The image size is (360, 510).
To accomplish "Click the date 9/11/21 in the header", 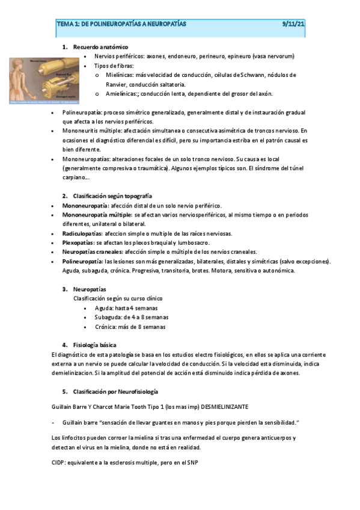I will pyautogui.click(x=294, y=24).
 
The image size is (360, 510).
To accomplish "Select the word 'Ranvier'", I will pyautogui.click(x=118, y=85).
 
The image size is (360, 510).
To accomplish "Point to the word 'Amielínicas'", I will pyautogui.click(x=122, y=94).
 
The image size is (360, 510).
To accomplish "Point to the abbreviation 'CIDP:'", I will pyautogui.click(x=61, y=463).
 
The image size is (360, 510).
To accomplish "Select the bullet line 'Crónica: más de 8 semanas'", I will pyautogui.click(x=130, y=327).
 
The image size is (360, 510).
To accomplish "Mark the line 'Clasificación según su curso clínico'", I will pyautogui.click(x=117, y=298).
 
